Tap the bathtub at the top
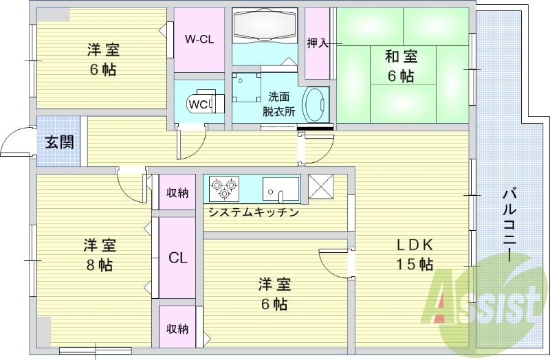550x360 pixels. tap(263, 25)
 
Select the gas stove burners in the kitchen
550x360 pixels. tap(223, 186)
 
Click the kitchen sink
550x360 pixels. tap(281, 187)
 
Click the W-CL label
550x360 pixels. tap(199, 39)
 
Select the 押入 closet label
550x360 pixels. tap(317, 43)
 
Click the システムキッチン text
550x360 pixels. tap(253, 212)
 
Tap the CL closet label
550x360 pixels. tap(178, 258)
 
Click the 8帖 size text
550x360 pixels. tap(100, 265)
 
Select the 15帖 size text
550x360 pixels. tap(413, 265)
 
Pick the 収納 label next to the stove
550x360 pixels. tap(177, 193)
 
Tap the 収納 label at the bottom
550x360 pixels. tap(177, 328)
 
